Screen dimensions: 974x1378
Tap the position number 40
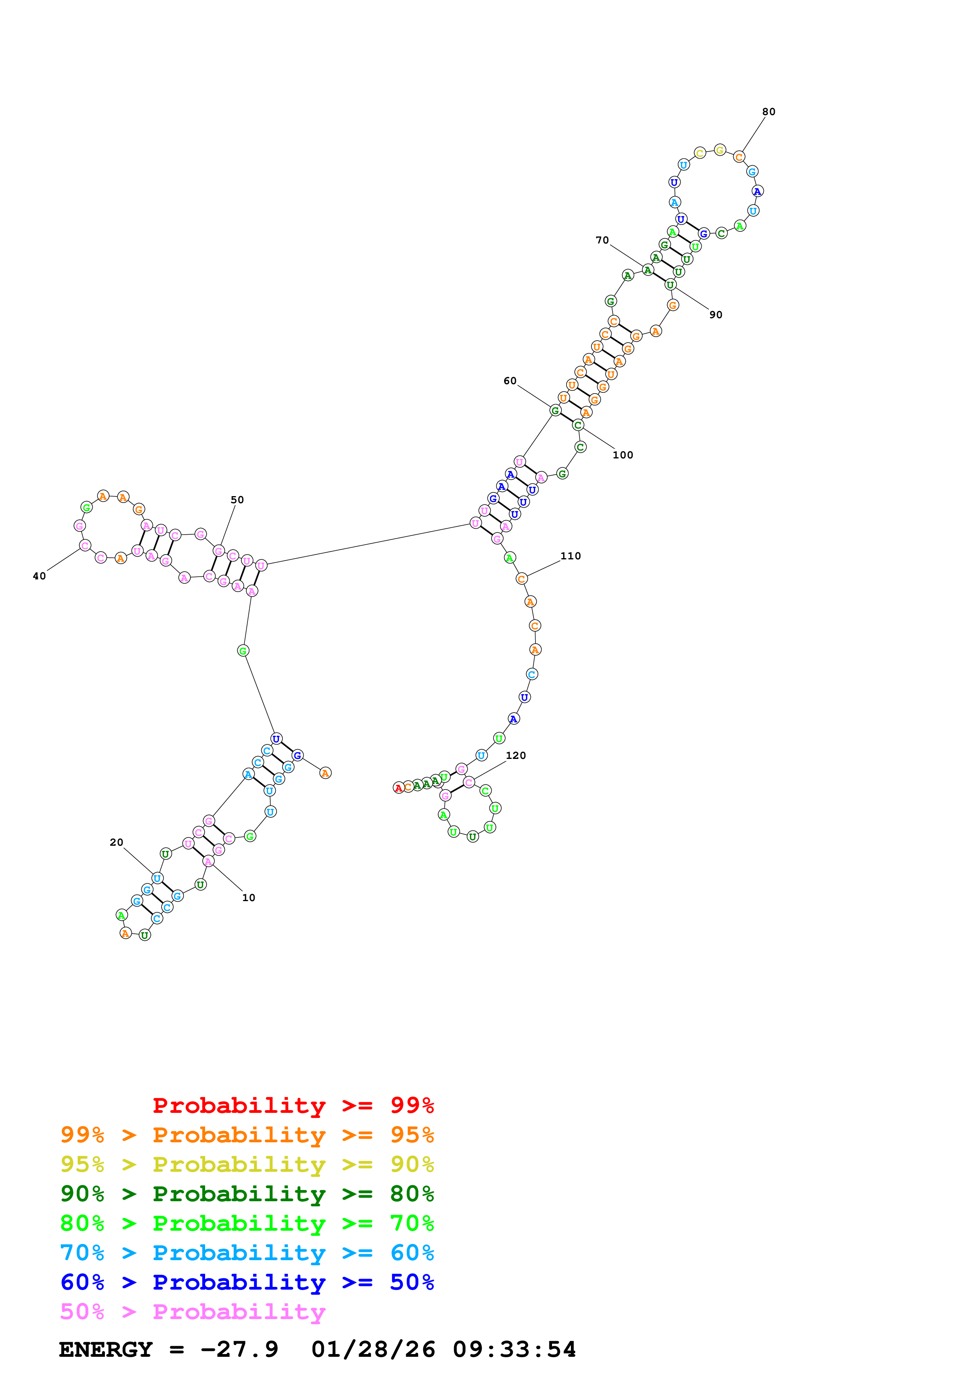point(39,576)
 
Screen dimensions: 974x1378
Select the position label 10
point(248,898)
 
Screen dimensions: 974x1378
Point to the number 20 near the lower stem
point(116,843)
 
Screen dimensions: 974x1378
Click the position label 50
point(237,500)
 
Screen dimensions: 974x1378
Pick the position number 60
point(510,381)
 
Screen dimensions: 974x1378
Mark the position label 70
point(602,240)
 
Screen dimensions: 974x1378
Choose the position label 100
point(622,455)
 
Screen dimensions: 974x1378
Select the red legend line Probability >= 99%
point(293,1105)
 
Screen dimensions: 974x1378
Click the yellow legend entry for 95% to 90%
point(247,1164)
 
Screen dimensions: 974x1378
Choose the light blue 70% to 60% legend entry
point(247,1253)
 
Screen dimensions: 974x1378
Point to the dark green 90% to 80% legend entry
point(247,1194)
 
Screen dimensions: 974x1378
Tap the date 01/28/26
point(373,1349)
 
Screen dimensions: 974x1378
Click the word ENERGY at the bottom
point(106,1349)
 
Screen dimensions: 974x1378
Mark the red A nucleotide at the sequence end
point(398,788)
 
